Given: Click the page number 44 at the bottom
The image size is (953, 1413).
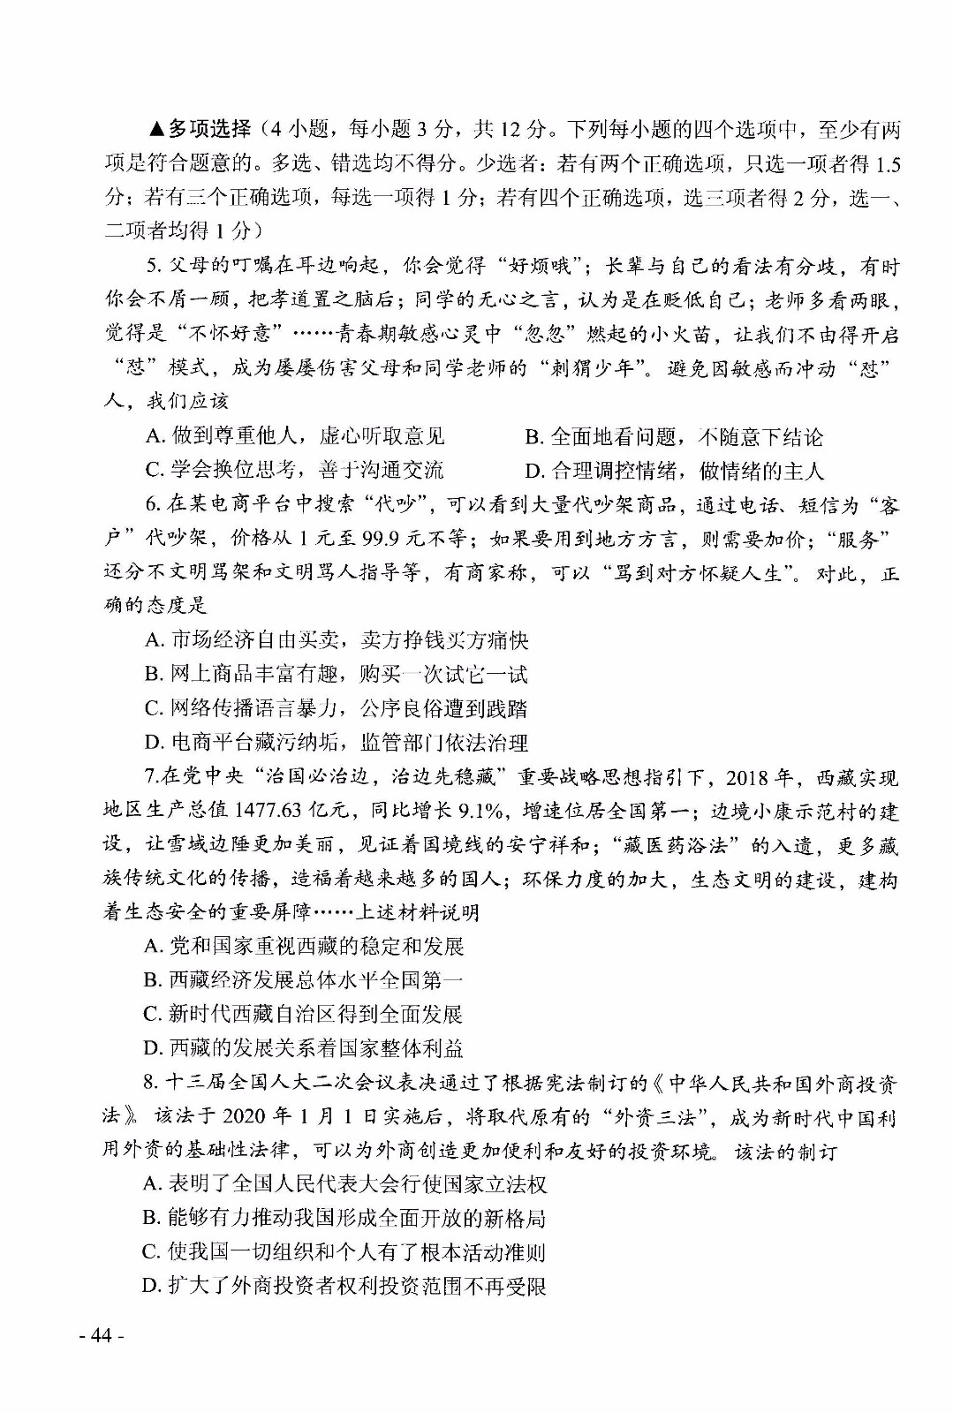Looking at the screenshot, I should pos(101,1334).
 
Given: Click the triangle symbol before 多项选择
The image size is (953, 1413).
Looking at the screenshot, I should pos(156,130).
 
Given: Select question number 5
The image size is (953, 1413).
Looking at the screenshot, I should pos(151,267).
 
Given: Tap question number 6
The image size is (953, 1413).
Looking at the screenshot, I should pos(151,504).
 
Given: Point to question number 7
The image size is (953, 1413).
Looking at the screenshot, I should pos(149,777).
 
